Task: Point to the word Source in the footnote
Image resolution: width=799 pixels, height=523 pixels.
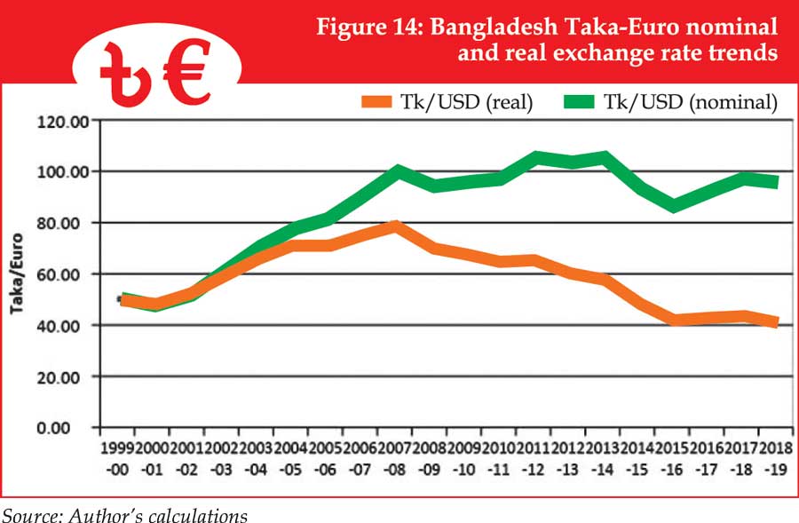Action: (x=28, y=514)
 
